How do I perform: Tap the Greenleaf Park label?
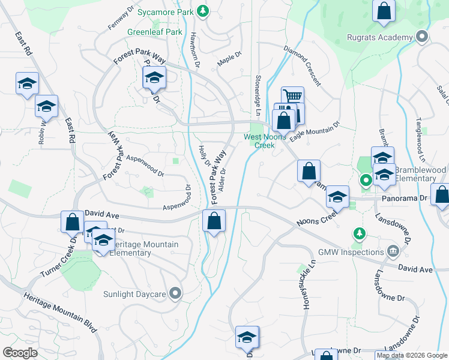click(x=154, y=32)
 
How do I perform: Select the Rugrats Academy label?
click(x=380, y=37)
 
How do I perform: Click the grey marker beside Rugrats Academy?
click(x=422, y=37)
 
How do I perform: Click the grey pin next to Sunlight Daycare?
click(x=175, y=293)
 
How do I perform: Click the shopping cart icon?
click(x=292, y=96)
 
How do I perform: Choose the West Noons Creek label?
click(x=260, y=141)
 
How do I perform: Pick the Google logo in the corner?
click(x=20, y=353)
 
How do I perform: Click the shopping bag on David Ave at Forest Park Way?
click(x=214, y=220)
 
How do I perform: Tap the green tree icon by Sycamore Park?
click(x=203, y=11)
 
